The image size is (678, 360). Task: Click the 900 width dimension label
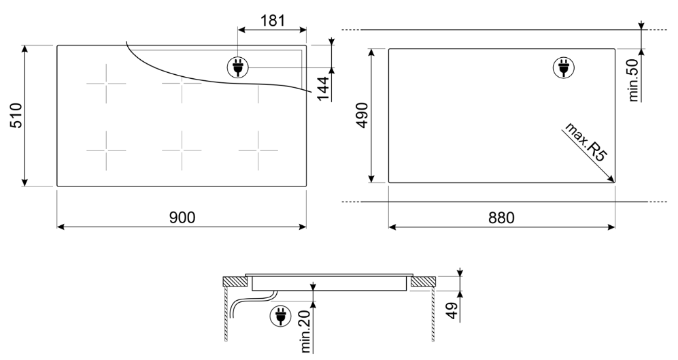tap(182, 217)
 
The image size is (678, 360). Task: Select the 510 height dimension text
tap(16, 116)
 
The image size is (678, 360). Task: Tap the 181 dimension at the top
tap(273, 20)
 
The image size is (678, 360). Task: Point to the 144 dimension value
tap(322, 88)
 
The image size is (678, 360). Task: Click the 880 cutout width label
tap(502, 217)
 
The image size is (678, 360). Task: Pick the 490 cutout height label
tap(362, 115)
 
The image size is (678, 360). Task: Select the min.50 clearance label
tap(633, 80)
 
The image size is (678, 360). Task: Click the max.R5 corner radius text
tap(586, 142)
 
